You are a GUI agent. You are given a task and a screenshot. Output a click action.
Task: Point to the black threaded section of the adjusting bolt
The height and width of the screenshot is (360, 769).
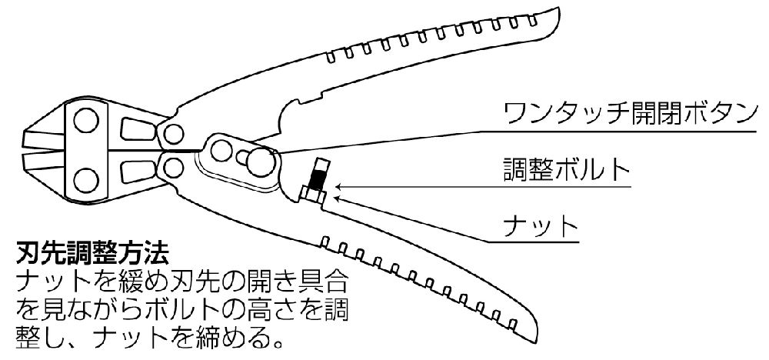(x=317, y=180)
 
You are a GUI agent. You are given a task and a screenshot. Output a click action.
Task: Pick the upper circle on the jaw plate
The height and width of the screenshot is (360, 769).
(x=84, y=120)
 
